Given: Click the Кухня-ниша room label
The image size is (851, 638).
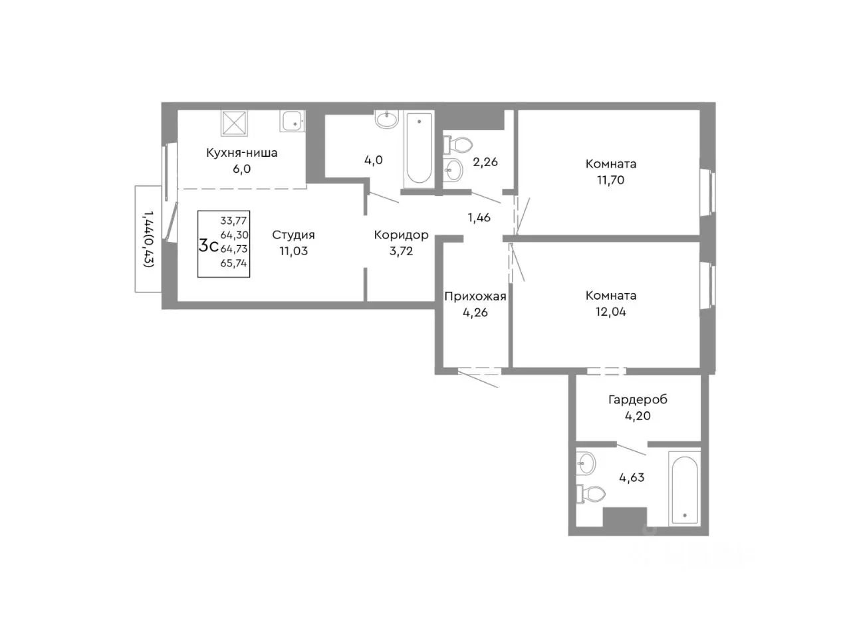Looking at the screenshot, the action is pos(241,153).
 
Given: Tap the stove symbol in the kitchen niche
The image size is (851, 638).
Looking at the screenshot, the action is pos(234,123).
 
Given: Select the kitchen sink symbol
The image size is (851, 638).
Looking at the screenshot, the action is pos(293,121).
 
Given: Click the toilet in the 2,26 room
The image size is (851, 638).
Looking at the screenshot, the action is pos(458,146).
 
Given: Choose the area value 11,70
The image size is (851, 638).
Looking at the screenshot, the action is pos(610,180).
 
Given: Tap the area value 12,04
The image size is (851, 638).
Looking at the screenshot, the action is pos(610,312).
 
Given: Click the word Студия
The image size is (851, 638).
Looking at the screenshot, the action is pos(293,235).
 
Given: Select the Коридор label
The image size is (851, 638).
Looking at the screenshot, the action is pos(402,235).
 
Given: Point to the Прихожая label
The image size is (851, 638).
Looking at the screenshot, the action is pos(475,296).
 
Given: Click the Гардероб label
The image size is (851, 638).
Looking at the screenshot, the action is pos(638,400).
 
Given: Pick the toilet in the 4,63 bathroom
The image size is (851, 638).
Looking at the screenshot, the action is pos(591,494).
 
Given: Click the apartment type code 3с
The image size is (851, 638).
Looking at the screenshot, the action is pos(208,246).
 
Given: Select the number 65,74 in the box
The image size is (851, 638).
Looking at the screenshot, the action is pos(233,263).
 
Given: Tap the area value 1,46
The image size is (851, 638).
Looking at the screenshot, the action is pos(479,218).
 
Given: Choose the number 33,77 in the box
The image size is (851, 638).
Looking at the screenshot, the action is pos(233,221).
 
